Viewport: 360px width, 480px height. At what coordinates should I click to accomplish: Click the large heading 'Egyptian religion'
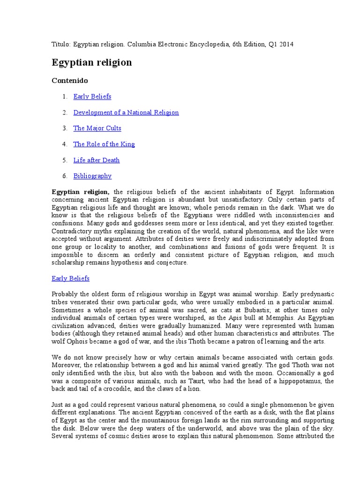pos(91,62)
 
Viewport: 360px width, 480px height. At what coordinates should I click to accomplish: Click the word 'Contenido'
pos(69,81)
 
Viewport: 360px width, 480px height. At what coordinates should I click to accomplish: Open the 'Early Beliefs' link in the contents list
pos(92,97)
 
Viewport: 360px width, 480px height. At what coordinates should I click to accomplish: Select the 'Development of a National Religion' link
pos(126,112)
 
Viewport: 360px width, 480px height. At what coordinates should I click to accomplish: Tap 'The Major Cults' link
pos(97,128)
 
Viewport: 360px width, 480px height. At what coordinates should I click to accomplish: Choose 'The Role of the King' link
pos(104,144)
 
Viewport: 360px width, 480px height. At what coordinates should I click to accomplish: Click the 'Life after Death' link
pos(97,160)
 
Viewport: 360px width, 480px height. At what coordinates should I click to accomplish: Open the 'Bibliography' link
pos(92,176)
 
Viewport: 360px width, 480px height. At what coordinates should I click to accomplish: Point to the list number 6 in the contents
pos(65,176)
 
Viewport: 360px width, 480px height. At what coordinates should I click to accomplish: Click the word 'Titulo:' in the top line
pos(61,44)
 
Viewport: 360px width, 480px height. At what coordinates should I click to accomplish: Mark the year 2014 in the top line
pos(286,44)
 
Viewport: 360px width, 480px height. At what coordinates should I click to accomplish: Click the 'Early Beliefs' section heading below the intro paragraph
pos(70,278)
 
